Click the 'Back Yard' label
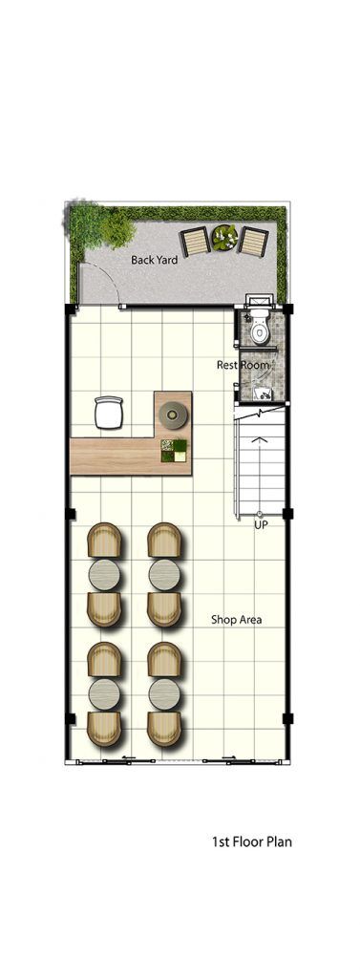[x=154, y=260]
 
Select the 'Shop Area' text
[x=236, y=620]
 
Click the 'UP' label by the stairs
[x=261, y=526]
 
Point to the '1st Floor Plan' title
[x=252, y=842]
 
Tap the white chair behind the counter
[x=109, y=413]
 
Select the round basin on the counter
[x=173, y=415]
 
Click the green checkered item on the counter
[x=174, y=451]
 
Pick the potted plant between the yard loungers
[x=223, y=238]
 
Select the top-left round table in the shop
[x=104, y=574]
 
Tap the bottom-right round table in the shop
[x=164, y=694]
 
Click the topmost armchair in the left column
[x=104, y=541]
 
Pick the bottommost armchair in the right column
[x=164, y=729]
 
